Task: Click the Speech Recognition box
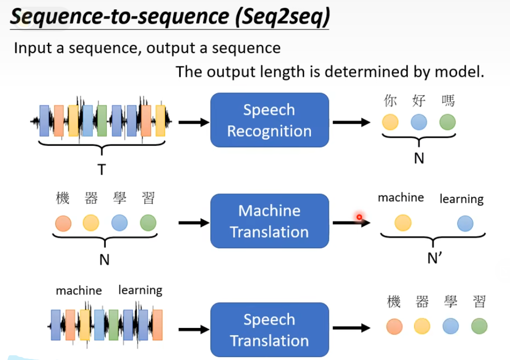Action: coord(269,120)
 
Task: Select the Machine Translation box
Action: coord(269,221)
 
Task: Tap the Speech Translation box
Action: coord(269,330)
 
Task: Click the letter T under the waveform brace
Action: coord(101,169)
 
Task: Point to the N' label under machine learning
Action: coord(435,258)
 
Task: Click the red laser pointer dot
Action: coord(359,217)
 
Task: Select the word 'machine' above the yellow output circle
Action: coord(401,198)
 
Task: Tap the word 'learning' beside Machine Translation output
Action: coord(461,199)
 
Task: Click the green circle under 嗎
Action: coord(448,122)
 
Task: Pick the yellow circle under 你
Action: coord(390,122)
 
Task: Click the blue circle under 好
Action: coord(419,122)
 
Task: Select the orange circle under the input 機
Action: coord(63,223)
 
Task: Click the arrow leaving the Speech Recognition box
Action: coord(351,122)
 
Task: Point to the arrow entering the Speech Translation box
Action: coord(194,328)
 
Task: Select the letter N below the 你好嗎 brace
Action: coord(419,158)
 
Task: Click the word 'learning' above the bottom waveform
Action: coord(140,290)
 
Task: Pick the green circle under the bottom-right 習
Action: coord(479,326)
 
